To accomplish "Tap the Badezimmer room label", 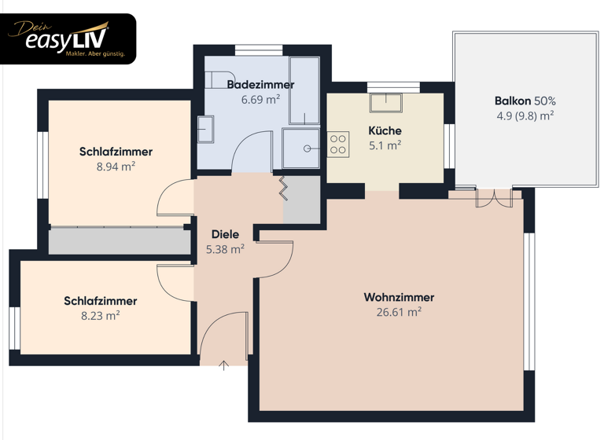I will pos(260,84).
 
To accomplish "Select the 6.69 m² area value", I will pos(260,100).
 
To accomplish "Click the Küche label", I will pos(385,130).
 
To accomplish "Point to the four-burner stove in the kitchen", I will pos(338,145).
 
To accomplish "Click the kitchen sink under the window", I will pos(386,101).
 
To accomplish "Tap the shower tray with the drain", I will pos(302,148).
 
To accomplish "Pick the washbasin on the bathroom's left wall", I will pos(205,129).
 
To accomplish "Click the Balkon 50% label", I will pos(525,101).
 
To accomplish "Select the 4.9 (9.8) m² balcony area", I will pos(525,115).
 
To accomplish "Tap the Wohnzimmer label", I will pos(398,297).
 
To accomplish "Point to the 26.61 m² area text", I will pos(398,312).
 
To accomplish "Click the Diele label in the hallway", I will pos(225,234).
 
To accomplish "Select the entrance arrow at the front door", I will pos(224,365).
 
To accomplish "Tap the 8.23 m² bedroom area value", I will pos(100,316).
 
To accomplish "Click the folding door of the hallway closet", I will pos(282,189).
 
